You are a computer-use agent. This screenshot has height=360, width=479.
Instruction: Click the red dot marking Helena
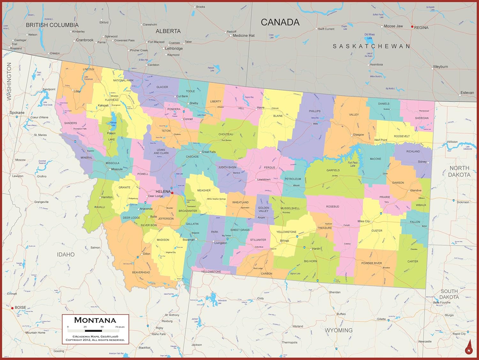172,193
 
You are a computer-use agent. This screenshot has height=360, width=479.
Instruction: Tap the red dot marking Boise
12,308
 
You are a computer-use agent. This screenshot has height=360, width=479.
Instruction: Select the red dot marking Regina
412,27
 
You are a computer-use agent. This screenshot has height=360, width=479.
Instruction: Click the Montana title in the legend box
95,320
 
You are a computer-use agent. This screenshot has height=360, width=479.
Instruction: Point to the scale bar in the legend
93,331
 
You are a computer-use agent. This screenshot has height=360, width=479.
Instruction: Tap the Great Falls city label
209,152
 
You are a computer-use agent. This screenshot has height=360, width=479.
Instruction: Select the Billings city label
285,241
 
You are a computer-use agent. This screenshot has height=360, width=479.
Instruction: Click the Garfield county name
333,170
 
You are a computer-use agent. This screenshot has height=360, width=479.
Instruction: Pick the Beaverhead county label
141,272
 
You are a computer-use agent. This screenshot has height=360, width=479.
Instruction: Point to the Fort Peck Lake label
353,164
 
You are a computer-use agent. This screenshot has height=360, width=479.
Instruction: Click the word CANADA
280,22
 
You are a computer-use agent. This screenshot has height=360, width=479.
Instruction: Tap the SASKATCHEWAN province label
371,46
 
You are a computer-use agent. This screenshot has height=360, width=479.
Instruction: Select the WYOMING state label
338,330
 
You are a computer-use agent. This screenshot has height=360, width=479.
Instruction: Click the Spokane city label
17,113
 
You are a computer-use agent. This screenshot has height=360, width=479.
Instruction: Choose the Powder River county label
371,263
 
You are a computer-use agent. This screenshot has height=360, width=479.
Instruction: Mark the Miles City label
363,221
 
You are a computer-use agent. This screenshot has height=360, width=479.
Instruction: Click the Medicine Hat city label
243,35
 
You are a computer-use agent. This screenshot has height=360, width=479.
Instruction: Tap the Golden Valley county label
263,209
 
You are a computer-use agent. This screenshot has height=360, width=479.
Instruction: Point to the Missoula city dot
110,169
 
